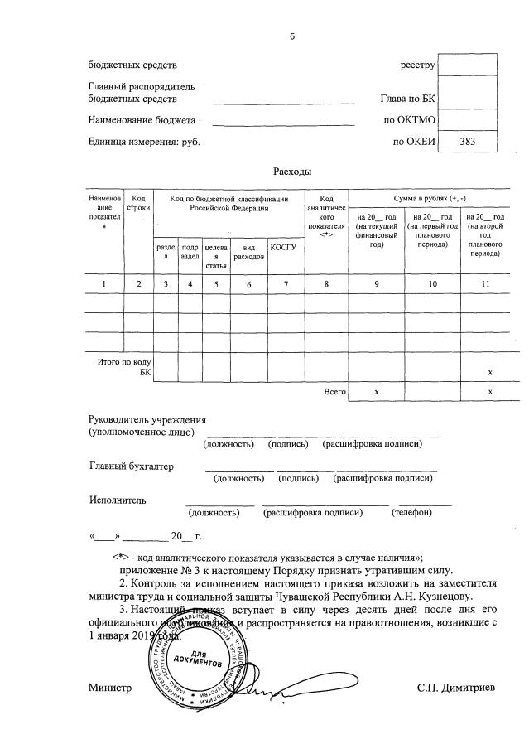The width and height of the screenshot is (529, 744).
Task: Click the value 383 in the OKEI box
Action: click(468, 142)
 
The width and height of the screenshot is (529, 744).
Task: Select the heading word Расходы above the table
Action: click(292, 172)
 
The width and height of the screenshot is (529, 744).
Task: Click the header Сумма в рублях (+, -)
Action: click(428, 199)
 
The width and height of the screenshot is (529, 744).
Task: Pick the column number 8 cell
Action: click(326, 284)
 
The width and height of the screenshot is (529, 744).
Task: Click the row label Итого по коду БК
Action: click(124, 368)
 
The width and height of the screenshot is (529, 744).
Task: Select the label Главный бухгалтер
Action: click(132, 466)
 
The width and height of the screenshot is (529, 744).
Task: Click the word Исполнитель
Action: click(118, 500)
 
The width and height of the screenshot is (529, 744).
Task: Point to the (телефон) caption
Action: click(412, 513)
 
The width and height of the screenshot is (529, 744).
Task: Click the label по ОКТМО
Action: click(406, 120)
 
